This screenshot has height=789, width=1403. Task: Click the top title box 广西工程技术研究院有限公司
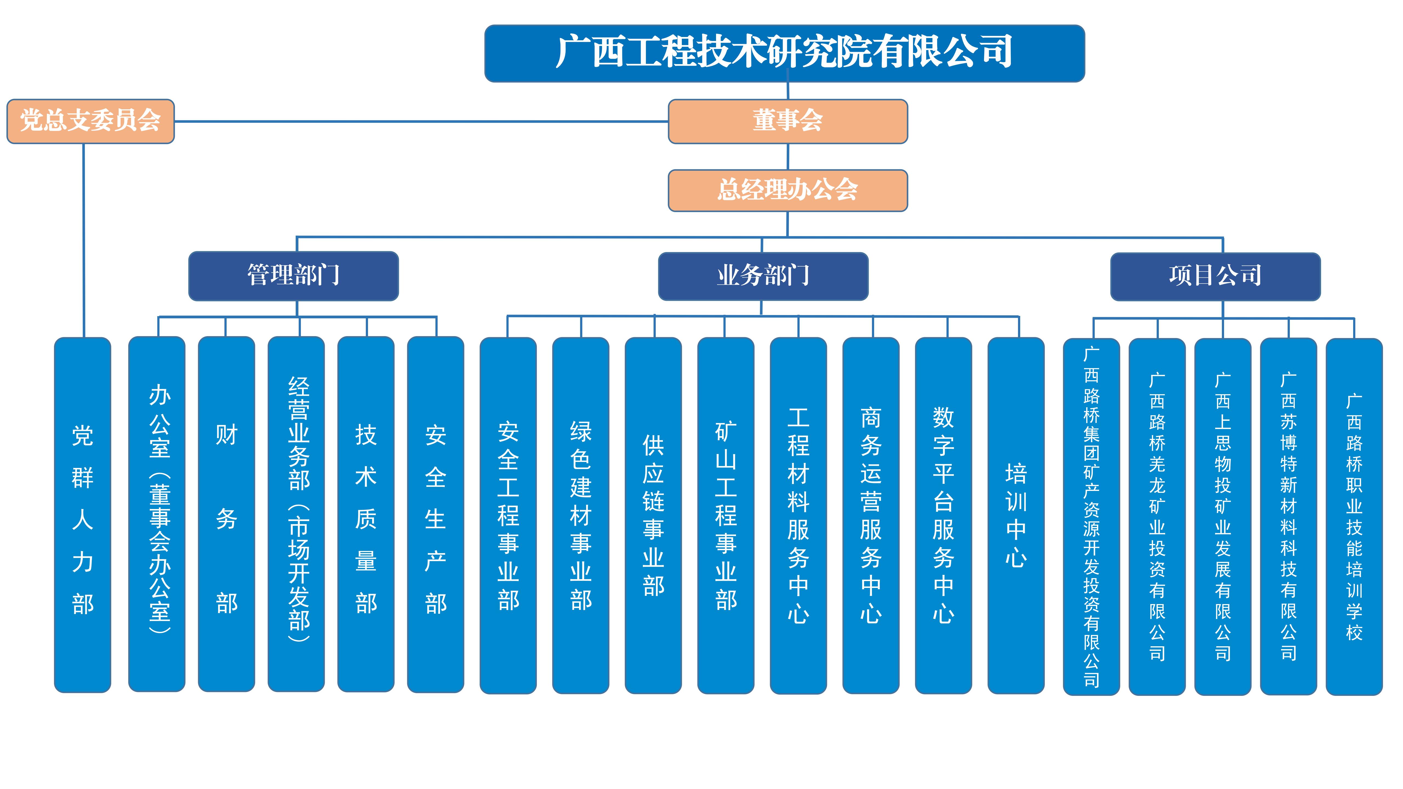coord(784,53)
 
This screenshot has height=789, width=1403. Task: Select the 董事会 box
coord(788,121)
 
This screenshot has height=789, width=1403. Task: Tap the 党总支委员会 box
coord(90,121)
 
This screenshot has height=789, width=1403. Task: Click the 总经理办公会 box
coord(788,190)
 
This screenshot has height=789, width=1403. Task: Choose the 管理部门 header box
coord(293,276)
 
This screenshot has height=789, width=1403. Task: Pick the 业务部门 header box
coord(763,276)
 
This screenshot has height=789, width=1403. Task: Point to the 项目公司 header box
coord(1215,276)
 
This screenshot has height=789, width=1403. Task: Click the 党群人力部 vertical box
coord(83,514)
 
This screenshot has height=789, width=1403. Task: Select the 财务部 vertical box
coord(227,514)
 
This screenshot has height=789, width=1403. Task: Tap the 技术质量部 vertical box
coord(366,514)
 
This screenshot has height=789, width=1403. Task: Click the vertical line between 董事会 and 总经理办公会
coord(788,157)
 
